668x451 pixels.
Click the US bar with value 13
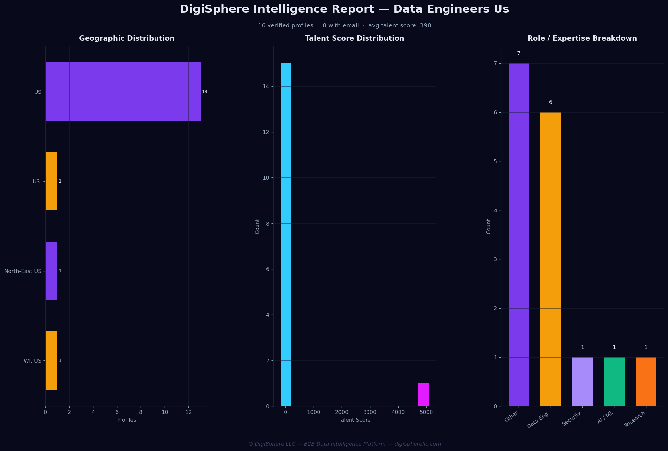[123, 92]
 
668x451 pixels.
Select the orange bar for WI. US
[52, 360]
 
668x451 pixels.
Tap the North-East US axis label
[23, 271]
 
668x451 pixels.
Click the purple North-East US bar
[52, 271]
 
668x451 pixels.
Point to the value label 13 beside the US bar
[204, 92]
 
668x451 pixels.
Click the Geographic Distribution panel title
[127, 38]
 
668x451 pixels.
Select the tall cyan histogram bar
[286, 235]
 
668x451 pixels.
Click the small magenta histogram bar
[423, 394]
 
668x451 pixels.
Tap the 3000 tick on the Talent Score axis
[370, 412]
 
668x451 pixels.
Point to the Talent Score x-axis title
[354, 420]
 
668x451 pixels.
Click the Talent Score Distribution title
[354, 38]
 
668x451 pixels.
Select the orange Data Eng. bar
[550, 259]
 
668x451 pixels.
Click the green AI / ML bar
[614, 381]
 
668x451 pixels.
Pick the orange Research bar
[646, 381]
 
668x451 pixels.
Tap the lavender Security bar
[582, 381]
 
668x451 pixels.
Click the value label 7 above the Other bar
[519, 54]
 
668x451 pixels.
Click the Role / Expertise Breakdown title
[582, 38]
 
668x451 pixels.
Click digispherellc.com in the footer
[418, 444]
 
